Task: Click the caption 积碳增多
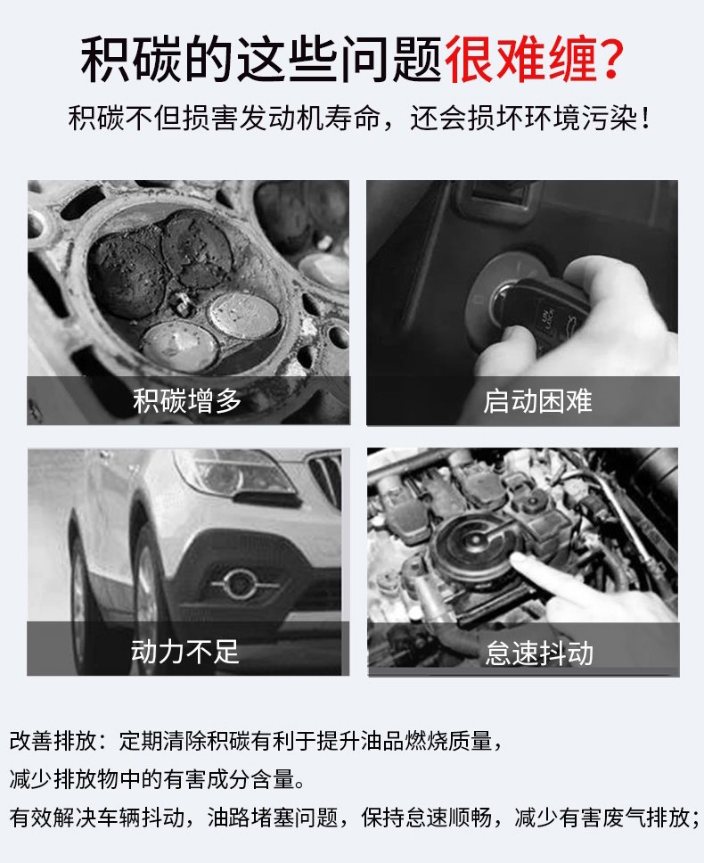click(187, 400)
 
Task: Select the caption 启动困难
click(537, 400)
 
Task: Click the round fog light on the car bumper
click(240, 584)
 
